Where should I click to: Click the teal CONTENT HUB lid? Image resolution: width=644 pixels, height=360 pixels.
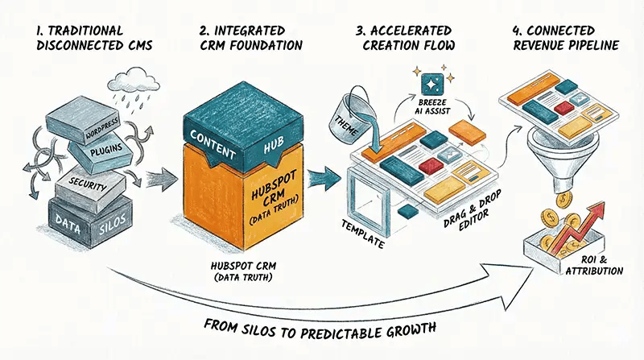pyautogui.click(x=221, y=129)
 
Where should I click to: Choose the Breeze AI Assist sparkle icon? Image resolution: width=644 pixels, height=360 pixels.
pyautogui.click(x=423, y=85)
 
